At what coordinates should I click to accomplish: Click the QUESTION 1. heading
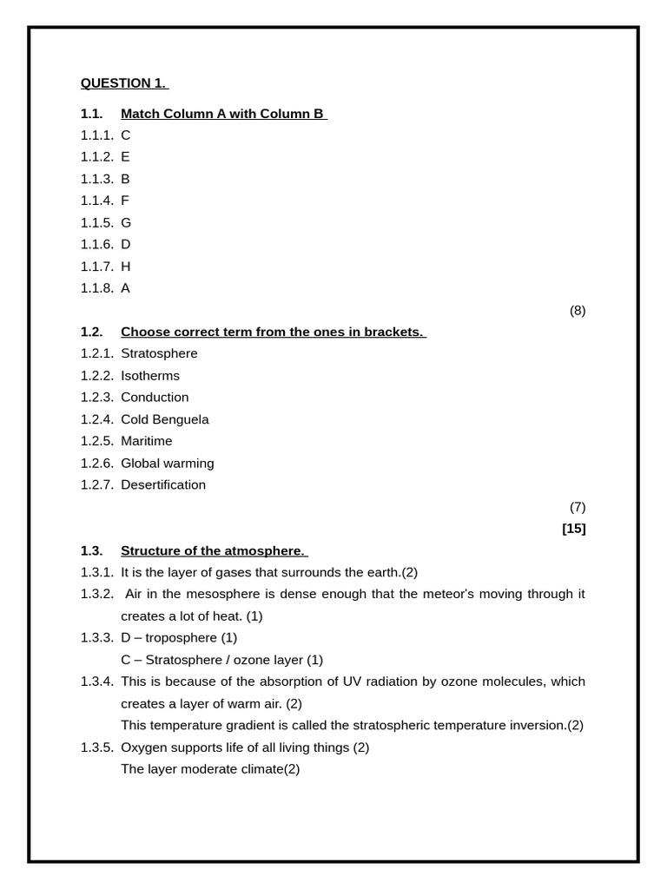click(x=124, y=83)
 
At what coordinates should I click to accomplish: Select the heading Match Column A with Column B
click(x=223, y=114)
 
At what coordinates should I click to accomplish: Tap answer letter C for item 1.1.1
click(x=126, y=135)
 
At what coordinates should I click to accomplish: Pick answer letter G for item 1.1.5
click(x=126, y=223)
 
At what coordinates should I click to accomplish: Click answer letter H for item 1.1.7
click(x=126, y=267)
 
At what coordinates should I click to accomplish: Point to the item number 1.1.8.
click(x=97, y=288)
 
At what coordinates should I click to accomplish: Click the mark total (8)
click(x=578, y=311)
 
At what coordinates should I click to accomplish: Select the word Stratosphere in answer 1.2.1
click(x=159, y=354)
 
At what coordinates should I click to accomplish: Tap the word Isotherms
click(x=150, y=376)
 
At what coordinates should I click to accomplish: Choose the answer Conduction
click(x=155, y=398)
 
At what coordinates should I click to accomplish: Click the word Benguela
click(x=182, y=419)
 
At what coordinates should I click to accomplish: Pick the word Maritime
click(x=147, y=441)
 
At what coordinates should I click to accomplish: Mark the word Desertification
click(x=163, y=485)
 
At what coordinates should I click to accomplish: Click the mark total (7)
click(x=578, y=507)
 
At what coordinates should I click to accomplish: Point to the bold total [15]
click(x=574, y=529)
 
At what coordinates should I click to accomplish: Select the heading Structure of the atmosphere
click(x=214, y=550)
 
